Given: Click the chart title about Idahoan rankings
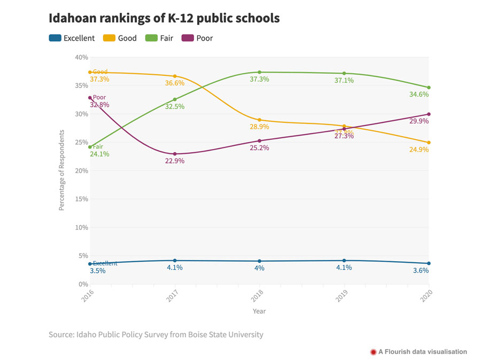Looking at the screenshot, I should pos(164,18).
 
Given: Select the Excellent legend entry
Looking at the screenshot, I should pos(72,38).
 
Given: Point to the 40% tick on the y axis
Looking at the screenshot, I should pos(81,57).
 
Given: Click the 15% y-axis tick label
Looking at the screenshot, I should pos(81,199).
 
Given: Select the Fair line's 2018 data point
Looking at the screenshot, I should pos(259,72).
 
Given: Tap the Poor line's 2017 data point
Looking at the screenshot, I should pos(175,154).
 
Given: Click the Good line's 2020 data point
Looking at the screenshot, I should pos(429,143).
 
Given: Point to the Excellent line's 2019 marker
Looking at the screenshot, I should pos(344,261).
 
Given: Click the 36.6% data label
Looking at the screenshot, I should pos(175,83).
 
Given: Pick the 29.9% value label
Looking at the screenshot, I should pos(419,121).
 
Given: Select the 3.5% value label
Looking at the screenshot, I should pos(97,271).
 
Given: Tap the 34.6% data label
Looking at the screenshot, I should pos(419,95).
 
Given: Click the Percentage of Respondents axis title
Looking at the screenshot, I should pos(61,170).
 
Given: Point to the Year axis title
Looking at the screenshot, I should pos(259,311).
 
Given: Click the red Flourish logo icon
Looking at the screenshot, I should pos(373,352).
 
